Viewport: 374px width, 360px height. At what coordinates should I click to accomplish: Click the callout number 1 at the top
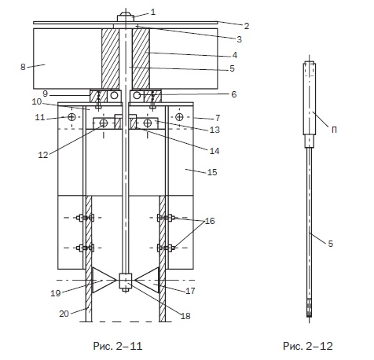(x=153, y=12)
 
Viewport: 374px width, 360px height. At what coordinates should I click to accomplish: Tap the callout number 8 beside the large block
(x=23, y=67)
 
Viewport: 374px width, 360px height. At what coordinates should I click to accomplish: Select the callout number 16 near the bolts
(x=210, y=221)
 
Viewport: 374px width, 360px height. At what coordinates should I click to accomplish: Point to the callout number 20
(x=64, y=314)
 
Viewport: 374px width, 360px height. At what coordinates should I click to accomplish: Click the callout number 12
(x=43, y=155)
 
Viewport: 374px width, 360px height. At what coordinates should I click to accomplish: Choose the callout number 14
(x=214, y=151)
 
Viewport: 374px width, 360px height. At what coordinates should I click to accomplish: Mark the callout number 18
(x=185, y=316)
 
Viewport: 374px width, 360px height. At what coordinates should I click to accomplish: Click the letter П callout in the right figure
(x=334, y=130)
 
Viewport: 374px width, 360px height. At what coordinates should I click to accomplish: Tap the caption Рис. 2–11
(x=118, y=346)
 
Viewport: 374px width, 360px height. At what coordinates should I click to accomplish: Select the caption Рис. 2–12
(x=308, y=346)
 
